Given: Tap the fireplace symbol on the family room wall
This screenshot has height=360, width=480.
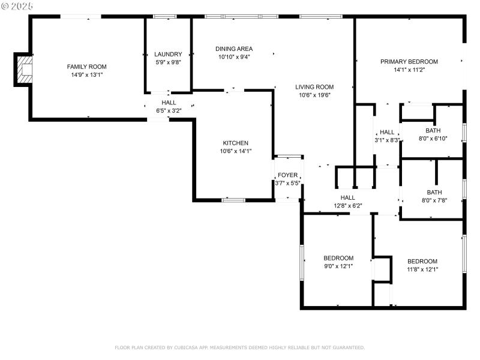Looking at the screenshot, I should point(24,69).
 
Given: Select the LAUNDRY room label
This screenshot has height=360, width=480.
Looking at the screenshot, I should point(168,54).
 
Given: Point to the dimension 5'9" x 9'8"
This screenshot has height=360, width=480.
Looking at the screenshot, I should point(168,62).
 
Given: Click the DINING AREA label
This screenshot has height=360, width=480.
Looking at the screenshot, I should point(234,49).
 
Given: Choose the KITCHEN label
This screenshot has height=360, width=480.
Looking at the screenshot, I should point(236,143).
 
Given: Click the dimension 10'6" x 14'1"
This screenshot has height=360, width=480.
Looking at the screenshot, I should point(236,151).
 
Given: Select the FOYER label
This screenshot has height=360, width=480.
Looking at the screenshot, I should point(287,175).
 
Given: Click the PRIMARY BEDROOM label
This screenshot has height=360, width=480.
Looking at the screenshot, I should point(409,61).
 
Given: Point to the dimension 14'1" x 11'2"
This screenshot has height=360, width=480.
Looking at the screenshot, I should point(409,70).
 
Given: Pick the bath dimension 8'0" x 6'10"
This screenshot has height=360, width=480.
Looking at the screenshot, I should point(433,139).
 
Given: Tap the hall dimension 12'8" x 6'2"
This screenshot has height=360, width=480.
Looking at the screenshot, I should point(347,205).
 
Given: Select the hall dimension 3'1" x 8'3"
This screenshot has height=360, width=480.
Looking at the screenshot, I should point(387,140).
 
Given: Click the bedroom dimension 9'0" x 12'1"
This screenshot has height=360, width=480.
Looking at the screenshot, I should point(338,266).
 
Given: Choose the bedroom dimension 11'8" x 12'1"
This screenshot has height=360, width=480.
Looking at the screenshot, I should point(422,269).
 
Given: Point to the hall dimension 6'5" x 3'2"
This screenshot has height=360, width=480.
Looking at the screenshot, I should point(169,110).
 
